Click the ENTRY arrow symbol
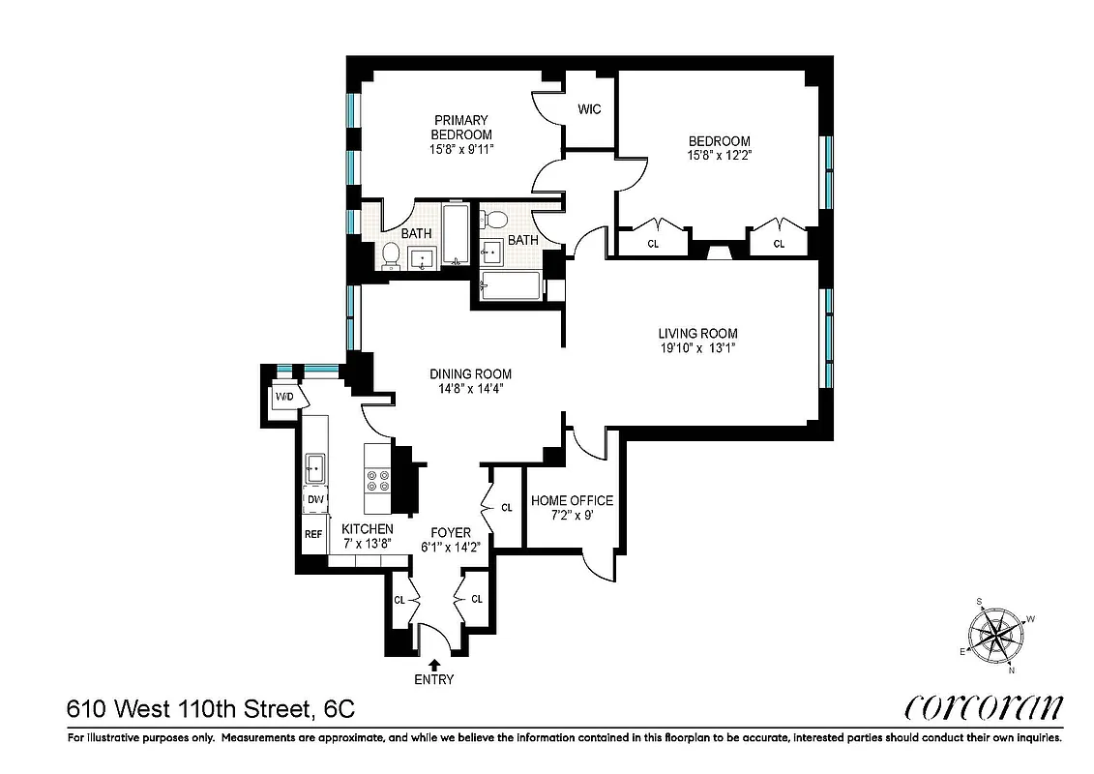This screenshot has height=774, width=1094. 434,664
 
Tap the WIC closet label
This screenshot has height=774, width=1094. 589,109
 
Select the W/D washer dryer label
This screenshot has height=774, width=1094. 284,398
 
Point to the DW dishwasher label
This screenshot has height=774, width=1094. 315,500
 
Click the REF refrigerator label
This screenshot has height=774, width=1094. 313,534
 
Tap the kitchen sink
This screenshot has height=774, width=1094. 315,468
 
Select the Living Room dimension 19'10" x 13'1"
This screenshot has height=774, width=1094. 698,348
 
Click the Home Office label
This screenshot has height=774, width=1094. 572,500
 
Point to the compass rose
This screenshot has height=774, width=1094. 995,635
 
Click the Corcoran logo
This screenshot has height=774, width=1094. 983,708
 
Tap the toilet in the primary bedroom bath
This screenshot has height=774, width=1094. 391,254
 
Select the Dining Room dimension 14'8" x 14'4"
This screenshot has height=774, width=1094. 471,388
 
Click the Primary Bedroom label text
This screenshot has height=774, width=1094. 461,128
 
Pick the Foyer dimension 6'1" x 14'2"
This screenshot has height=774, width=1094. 451,547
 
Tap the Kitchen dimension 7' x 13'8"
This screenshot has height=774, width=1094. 368,543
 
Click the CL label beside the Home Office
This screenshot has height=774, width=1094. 507,507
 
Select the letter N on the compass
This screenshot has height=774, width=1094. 1012,669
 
